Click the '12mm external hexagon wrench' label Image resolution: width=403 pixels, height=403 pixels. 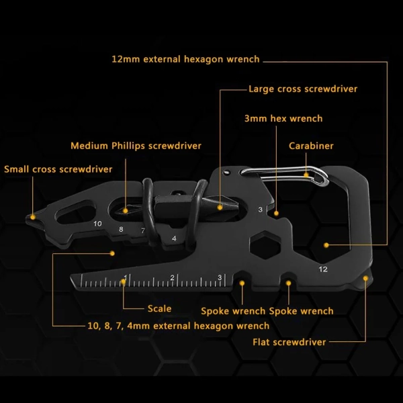pos(185,59)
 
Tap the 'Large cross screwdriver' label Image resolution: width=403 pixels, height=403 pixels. pos(303,89)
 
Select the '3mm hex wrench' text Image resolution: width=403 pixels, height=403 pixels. pos(283,118)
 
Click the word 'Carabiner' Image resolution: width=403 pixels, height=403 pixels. pos(311,146)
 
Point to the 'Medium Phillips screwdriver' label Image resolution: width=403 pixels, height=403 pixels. pos(136,146)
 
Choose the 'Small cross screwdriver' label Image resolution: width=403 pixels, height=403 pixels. pos(58,169)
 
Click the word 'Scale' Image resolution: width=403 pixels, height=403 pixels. pos(159,308)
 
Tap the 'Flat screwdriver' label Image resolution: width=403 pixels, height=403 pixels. pos(289,342)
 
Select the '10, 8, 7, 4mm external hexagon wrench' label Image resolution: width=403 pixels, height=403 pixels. pos(179,326)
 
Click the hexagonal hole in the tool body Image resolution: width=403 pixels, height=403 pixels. pos(265,245)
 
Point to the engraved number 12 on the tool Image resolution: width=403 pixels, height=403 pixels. pos(323,269)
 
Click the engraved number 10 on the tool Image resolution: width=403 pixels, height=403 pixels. pos(97,224)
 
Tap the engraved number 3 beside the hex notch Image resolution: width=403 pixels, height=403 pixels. pos(261,210)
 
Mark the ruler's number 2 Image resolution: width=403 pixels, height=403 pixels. pos(172,277)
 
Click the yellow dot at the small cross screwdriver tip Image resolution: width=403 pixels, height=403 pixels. pos(33,217)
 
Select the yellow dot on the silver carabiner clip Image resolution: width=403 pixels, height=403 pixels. pos(306,175)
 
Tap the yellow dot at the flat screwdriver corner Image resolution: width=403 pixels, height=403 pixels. pos(365,278)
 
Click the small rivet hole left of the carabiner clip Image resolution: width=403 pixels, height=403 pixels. pos(226,173)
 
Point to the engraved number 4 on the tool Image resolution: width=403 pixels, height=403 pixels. pos(174,238)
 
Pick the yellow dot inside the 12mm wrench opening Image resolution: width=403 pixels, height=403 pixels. pos(326,245)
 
